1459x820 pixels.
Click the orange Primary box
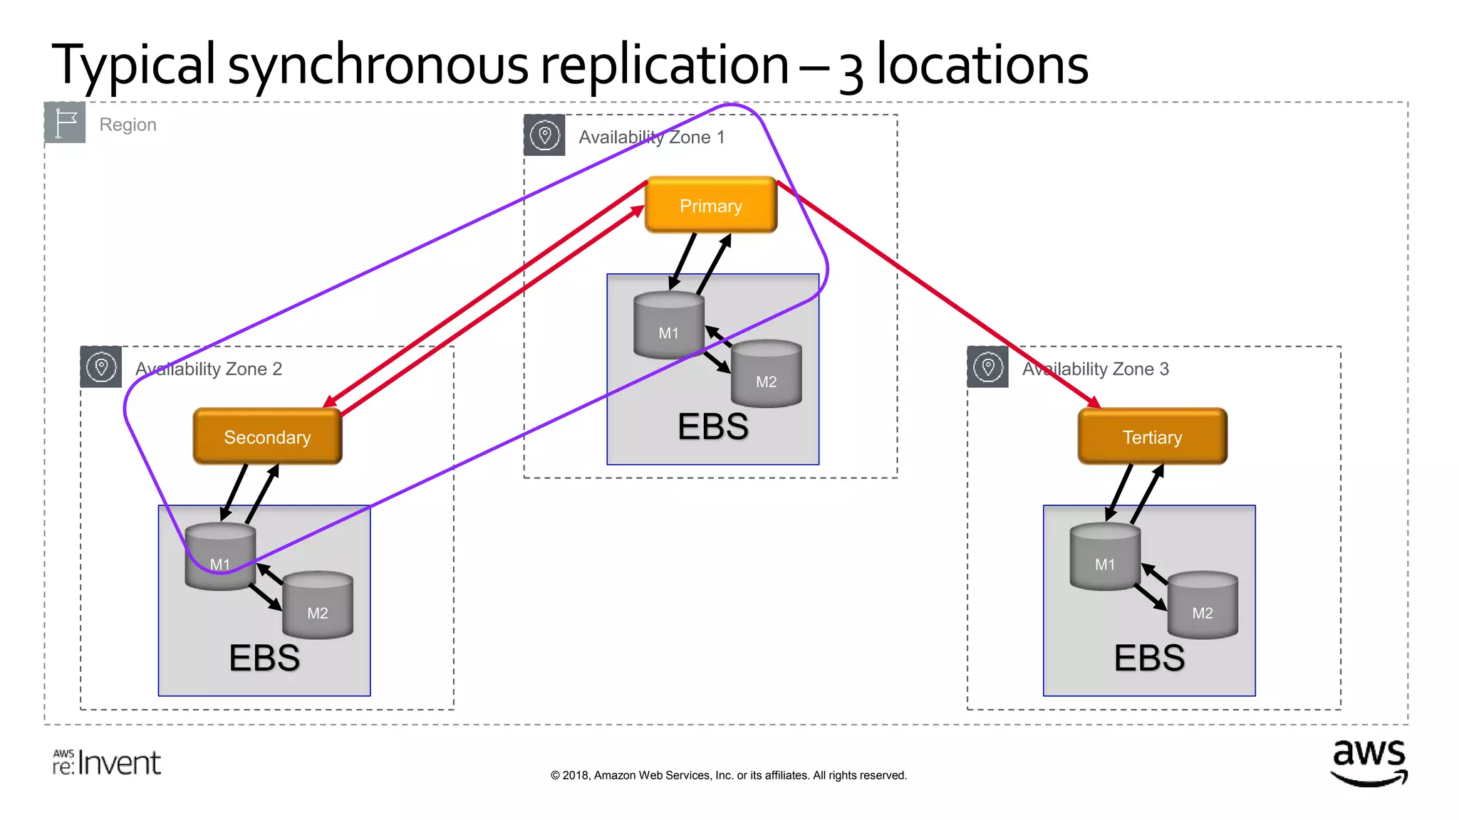[x=710, y=205]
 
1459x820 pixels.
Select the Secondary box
[x=267, y=436]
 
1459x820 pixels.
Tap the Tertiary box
[x=1152, y=436]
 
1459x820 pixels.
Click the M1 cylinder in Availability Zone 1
[x=668, y=325]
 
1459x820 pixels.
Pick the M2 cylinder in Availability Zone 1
[x=766, y=374]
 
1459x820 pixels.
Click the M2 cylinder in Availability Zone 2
[x=318, y=606]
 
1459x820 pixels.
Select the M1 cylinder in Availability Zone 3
[x=1105, y=557]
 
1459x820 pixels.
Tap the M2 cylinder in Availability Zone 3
[x=1203, y=606]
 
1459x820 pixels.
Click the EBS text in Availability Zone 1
[x=712, y=426]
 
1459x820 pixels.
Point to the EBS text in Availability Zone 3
[x=1149, y=658]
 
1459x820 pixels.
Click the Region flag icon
[x=65, y=122]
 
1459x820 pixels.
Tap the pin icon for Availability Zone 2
[x=101, y=367]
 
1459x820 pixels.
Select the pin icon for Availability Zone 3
[x=987, y=367]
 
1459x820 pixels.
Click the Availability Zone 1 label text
[x=651, y=137]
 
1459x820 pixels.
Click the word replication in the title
[x=664, y=65]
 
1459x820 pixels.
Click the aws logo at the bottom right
[x=1369, y=762]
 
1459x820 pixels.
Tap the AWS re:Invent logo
[x=107, y=762]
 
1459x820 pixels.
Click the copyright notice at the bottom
[x=728, y=775]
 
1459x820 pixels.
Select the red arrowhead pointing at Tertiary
[x=1093, y=402]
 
